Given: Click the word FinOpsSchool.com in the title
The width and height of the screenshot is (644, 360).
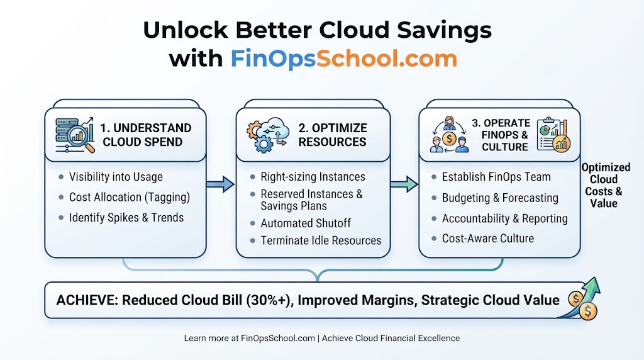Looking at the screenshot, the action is pyautogui.click(x=344, y=59).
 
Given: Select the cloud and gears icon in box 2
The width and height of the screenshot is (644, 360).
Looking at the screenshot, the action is pyautogui.click(x=267, y=135).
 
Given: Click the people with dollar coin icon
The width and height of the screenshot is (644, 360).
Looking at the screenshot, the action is pyautogui.click(x=449, y=135).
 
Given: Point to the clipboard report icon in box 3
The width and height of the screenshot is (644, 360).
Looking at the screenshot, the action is pyautogui.click(x=553, y=135).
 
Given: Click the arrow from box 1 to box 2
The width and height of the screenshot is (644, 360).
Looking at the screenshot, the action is pyautogui.click(x=220, y=184).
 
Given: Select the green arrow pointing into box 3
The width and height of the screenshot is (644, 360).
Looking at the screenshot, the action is pyautogui.click(x=404, y=184).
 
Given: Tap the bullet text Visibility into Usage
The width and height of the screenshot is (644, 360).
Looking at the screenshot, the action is pyautogui.click(x=116, y=177).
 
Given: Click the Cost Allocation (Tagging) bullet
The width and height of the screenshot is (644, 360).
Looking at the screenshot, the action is pyautogui.click(x=130, y=197).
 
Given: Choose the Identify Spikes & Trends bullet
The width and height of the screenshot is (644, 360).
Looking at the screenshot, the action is pyautogui.click(x=126, y=217).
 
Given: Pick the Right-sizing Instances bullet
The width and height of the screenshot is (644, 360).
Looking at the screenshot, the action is pyautogui.click(x=313, y=177).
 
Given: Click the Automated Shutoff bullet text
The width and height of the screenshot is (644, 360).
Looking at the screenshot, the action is pyautogui.click(x=306, y=223).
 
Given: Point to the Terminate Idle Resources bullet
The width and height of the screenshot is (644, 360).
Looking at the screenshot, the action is pyautogui.click(x=321, y=240).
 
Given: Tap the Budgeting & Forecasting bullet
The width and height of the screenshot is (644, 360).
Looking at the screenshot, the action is pyautogui.click(x=500, y=198).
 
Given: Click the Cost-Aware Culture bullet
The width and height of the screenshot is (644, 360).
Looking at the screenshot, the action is pyautogui.click(x=488, y=239).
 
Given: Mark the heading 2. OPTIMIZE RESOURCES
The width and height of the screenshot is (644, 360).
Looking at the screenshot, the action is pyautogui.click(x=332, y=135).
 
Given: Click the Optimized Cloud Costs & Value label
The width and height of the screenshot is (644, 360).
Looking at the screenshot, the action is pyautogui.click(x=606, y=185).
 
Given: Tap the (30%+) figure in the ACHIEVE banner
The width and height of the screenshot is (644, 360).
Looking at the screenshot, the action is pyautogui.click(x=269, y=300).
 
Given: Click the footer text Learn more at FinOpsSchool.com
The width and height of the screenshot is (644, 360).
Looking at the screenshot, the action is pyautogui.click(x=249, y=338).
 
